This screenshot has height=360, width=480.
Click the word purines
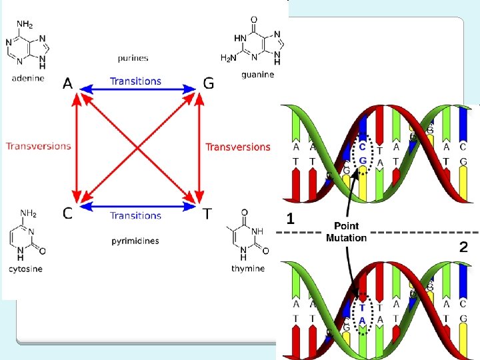(x=131, y=59)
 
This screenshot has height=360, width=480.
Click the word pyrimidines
(x=135, y=240)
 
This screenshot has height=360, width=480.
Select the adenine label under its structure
(x=28, y=78)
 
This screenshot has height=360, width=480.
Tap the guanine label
(x=258, y=75)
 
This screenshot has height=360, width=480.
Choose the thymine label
(x=248, y=268)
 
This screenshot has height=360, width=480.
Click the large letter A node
(x=68, y=83)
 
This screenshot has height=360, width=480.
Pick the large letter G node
(x=209, y=84)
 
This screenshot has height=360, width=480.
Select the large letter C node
(x=68, y=213)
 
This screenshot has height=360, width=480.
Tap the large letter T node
(x=208, y=213)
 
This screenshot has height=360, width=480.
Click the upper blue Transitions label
(x=135, y=81)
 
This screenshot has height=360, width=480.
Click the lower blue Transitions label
(x=135, y=215)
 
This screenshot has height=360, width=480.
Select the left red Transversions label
(x=39, y=146)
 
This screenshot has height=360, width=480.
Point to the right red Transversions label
(x=238, y=147)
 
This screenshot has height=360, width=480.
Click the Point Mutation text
(x=346, y=232)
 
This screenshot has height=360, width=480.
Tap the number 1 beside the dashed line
(x=291, y=218)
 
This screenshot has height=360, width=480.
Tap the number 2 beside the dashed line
(x=463, y=247)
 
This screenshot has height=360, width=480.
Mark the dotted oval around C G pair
(x=362, y=153)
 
